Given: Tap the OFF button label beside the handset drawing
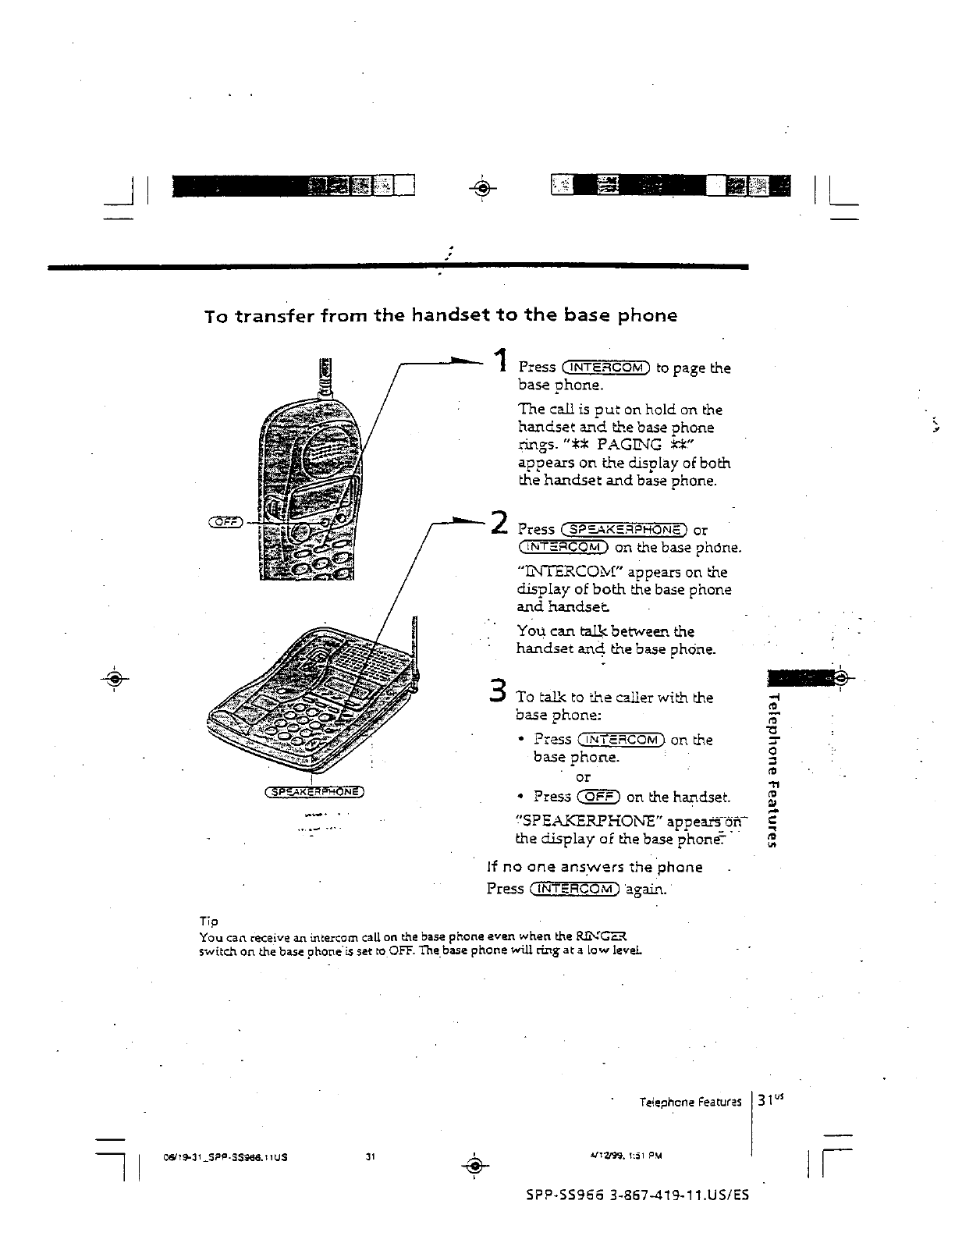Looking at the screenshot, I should pos(226,521).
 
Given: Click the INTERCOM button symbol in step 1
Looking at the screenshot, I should pos(606,368).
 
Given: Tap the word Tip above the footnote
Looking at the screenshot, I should pos(209,922).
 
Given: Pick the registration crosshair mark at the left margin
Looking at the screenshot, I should pos(114,677).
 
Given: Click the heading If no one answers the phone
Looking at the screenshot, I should pos(594,867).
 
